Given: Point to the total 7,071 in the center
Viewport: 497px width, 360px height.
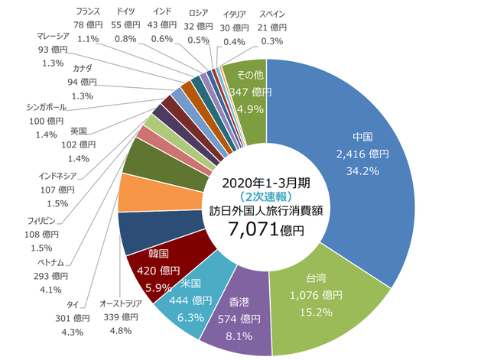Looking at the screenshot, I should pyautogui.click(x=248, y=227).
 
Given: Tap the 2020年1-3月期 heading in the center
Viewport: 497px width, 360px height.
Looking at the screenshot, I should pyautogui.click(x=262, y=183).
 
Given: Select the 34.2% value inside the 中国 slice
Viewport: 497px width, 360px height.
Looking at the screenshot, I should pyautogui.click(x=362, y=170).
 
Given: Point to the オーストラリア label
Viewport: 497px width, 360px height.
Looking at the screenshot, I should pyautogui.click(x=121, y=303).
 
